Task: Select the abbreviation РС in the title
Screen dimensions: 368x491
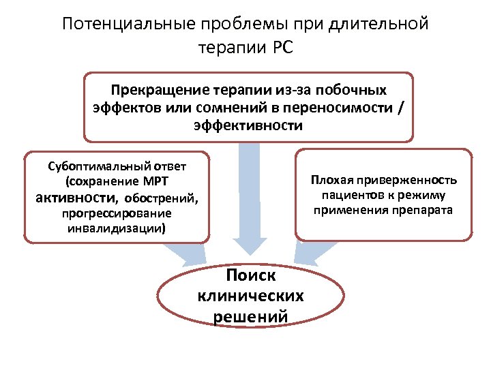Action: (280, 48)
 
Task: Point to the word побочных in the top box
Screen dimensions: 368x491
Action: (355, 90)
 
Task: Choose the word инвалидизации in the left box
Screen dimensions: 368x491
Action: (115, 228)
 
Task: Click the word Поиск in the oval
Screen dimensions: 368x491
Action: (250, 275)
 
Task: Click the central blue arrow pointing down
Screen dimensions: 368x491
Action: (250, 204)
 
